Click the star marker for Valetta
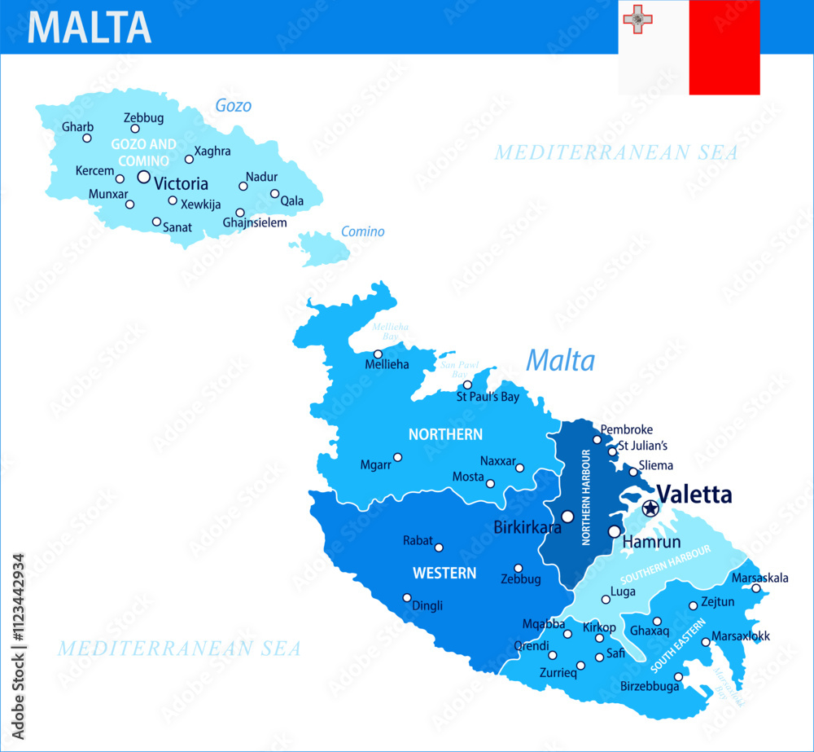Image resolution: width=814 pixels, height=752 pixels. click(x=650, y=509)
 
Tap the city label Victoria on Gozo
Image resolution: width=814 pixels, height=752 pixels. click(x=181, y=183)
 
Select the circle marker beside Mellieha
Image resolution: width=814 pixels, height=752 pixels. click(x=378, y=354)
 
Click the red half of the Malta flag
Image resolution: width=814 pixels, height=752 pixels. click(x=724, y=47)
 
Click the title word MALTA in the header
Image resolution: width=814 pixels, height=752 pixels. click(x=90, y=27)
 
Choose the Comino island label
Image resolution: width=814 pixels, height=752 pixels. click(x=362, y=231)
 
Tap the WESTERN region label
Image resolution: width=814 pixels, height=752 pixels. click(x=444, y=574)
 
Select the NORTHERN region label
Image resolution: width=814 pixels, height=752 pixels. click(x=445, y=434)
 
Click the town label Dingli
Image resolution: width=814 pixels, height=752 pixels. click(x=427, y=605)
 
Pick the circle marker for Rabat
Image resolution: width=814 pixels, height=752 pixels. click(x=439, y=548)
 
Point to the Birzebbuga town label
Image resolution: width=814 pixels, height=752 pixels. click(x=649, y=687)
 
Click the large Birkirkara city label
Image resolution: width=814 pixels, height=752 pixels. click(x=527, y=527)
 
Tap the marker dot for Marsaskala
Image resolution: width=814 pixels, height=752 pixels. click(x=755, y=588)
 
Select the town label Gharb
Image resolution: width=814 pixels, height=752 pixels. click(x=77, y=127)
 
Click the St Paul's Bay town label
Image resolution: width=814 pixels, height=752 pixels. click(x=488, y=398)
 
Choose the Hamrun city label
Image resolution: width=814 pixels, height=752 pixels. click(x=646, y=541)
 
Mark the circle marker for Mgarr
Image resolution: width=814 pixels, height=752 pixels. click(x=397, y=457)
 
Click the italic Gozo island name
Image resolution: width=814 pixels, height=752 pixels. click(x=233, y=105)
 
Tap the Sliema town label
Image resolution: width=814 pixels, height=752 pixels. click(x=656, y=465)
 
